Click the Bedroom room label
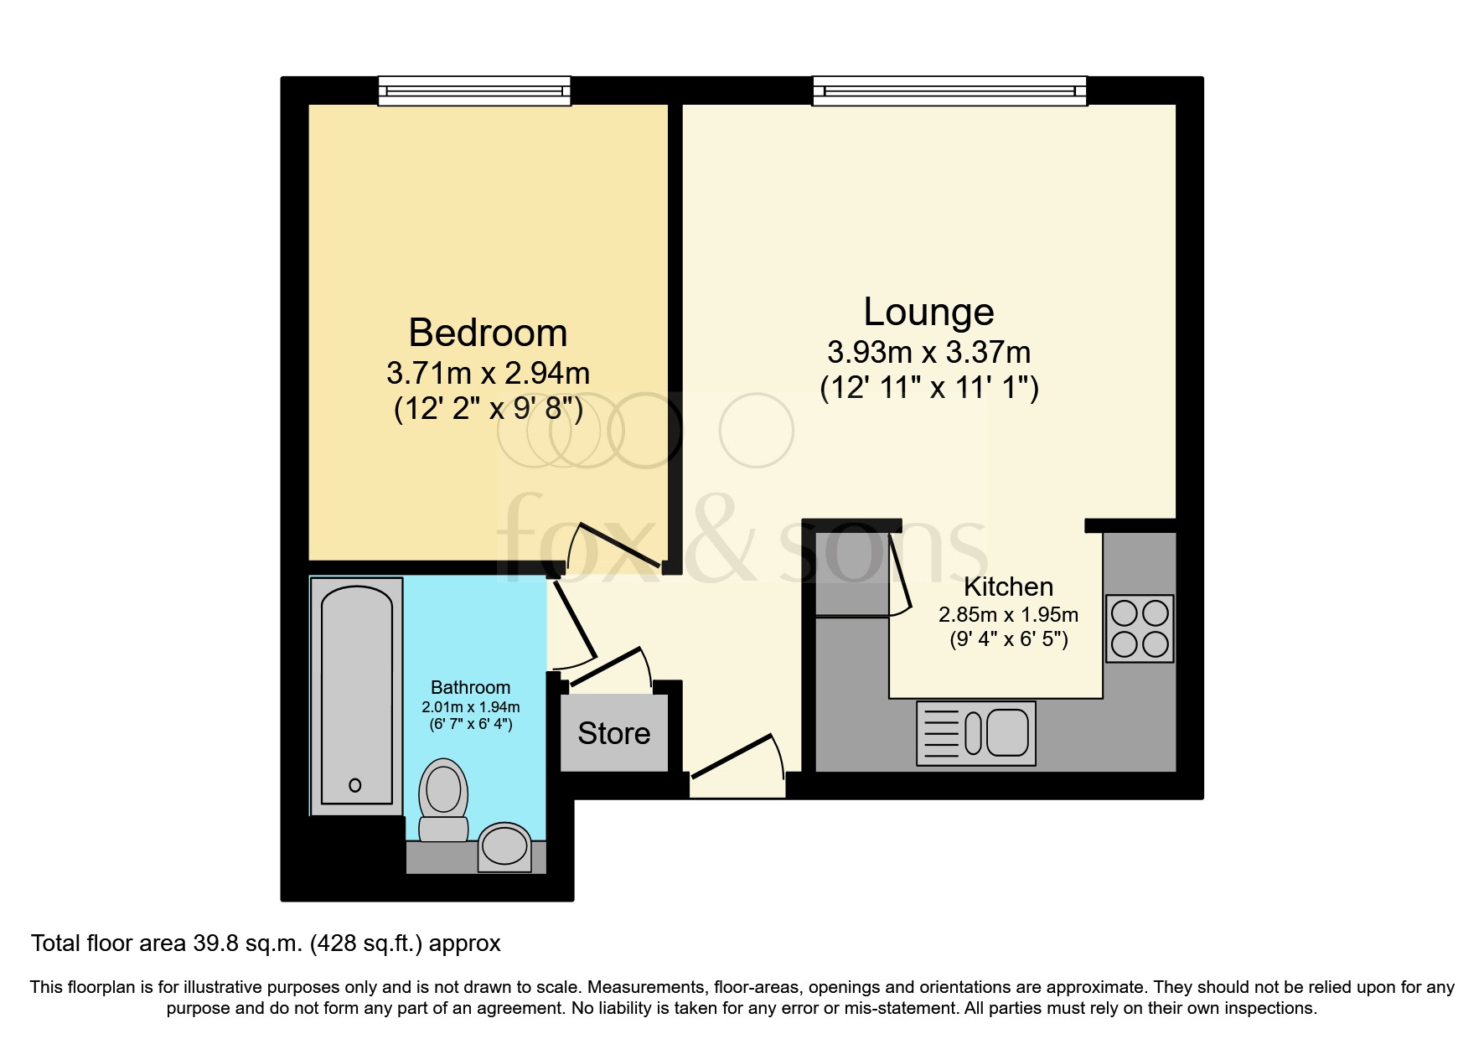(488, 333)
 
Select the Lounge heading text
(928, 312)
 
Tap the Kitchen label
(1008, 586)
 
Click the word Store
(614, 733)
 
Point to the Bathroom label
(470, 687)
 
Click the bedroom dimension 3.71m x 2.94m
(488, 373)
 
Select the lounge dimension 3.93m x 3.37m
(928, 352)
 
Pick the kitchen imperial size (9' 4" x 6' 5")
(1008, 640)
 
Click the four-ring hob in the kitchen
(1140, 628)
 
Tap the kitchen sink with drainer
(976, 733)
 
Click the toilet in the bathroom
(443, 799)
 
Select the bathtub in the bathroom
(356, 695)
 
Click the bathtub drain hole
(355, 785)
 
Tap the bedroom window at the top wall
(474, 90)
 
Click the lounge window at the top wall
(949, 90)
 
